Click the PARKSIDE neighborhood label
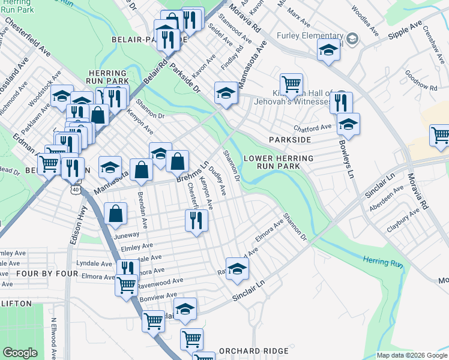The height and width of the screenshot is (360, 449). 290,139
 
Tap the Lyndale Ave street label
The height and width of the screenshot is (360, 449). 94,263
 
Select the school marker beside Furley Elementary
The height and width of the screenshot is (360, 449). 328,51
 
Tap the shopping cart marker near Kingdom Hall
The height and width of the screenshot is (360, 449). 291,85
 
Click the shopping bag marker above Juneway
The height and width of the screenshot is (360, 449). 115,213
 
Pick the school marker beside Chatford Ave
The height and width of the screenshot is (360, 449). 348,124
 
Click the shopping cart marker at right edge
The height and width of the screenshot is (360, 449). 440,135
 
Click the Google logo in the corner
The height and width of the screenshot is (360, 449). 20,353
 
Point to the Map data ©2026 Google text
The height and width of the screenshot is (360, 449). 411,355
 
